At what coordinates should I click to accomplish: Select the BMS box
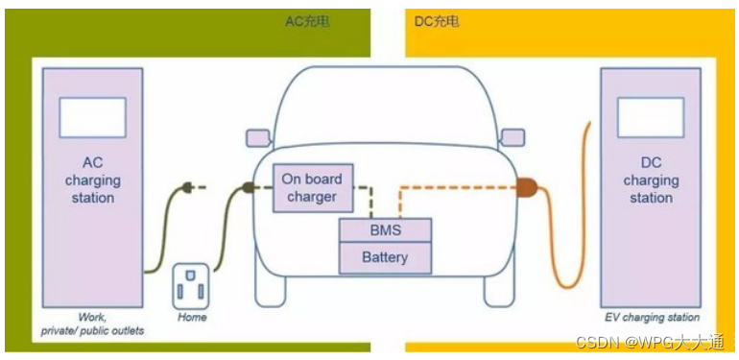[x=385, y=231]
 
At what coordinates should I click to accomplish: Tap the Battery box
[x=385, y=257]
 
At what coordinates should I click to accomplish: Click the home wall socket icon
[x=191, y=286]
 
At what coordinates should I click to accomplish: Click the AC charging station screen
[x=93, y=117]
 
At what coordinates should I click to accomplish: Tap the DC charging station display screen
[x=650, y=117]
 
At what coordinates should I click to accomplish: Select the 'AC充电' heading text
[x=307, y=21]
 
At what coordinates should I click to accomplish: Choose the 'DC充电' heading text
[x=437, y=21]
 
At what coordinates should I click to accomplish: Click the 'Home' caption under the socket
[x=192, y=317]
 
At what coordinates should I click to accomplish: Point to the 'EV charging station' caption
[x=651, y=317]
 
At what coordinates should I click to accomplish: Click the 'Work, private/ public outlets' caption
[x=92, y=324]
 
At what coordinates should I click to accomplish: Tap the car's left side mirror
[x=256, y=137]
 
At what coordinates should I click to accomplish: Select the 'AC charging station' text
[x=92, y=180]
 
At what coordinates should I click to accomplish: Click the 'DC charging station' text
[x=651, y=180]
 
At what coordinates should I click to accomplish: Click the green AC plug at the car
[x=249, y=188]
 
